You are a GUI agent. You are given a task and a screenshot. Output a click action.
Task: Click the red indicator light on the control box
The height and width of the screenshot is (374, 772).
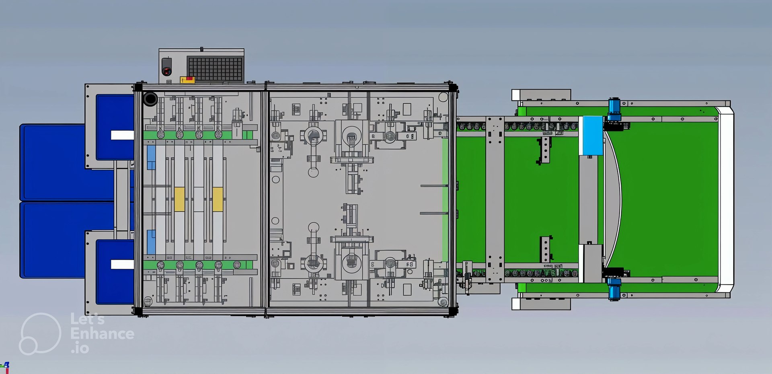pyautogui.click(x=166, y=71)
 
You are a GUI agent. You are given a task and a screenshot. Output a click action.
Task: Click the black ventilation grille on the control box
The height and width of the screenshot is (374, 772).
pyautogui.click(x=215, y=69)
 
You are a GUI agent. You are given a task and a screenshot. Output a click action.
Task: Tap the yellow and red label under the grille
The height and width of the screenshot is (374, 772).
pyautogui.click(x=187, y=79)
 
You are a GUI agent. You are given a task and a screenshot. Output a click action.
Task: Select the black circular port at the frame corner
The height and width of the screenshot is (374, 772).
pyautogui.click(x=150, y=99)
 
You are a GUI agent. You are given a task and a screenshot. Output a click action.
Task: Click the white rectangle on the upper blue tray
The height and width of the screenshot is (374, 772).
pyautogui.click(x=122, y=135)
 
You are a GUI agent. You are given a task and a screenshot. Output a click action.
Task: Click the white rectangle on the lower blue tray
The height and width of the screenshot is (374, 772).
pyautogui.click(x=122, y=264)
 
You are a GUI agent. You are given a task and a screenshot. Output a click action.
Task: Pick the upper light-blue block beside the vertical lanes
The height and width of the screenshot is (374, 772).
pyautogui.click(x=151, y=157)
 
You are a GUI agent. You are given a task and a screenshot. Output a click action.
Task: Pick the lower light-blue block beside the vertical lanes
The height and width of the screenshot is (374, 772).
pyautogui.click(x=151, y=242)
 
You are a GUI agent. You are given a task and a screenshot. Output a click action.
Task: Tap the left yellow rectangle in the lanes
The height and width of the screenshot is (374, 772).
pyautogui.click(x=179, y=199)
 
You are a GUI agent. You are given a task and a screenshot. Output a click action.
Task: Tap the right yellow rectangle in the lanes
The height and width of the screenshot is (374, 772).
pyautogui.click(x=218, y=199)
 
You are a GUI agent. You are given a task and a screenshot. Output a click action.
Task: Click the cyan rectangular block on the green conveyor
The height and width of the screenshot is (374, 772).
pyautogui.click(x=591, y=136)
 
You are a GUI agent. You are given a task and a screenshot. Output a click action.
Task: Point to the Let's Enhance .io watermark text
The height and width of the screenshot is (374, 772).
pyautogui.click(x=102, y=334)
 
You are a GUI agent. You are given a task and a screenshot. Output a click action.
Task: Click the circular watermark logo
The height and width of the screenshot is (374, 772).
pyautogui.click(x=40, y=334)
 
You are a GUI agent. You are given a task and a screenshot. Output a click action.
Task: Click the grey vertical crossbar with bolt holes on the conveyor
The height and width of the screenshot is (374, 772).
pyautogui.click(x=495, y=199)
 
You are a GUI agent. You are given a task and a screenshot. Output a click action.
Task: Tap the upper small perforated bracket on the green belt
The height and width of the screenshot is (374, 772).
pyautogui.click(x=545, y=150)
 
